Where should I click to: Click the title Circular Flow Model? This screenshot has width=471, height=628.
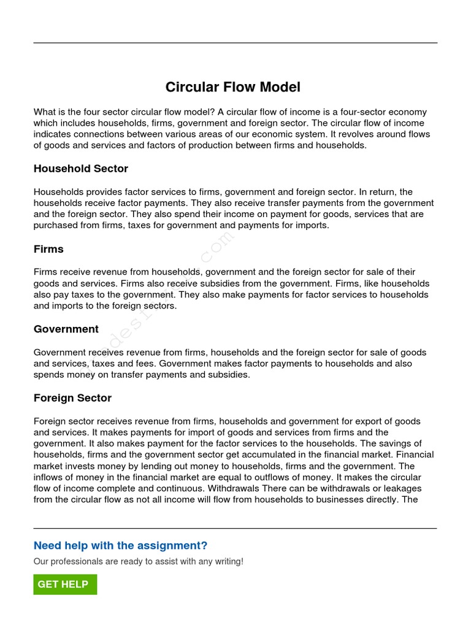click(x=233, y=87)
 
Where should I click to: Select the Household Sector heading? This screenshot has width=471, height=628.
click(x=81, y=169)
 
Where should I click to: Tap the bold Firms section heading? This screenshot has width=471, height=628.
click(x=48, y=249)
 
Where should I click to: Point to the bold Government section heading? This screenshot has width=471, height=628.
click(x=66, y=329)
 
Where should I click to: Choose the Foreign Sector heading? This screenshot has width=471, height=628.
click(x=72, y=398)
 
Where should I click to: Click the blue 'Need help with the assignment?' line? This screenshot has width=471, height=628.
click(x=120, y=546)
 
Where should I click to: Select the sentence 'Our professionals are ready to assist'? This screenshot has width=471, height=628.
click(x=138, y=561)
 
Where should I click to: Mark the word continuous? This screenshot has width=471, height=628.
click(x=175, y=489)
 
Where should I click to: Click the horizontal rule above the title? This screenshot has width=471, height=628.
click(x=235, y=43)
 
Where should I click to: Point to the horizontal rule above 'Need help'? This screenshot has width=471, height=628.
click(x=235, y=528)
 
